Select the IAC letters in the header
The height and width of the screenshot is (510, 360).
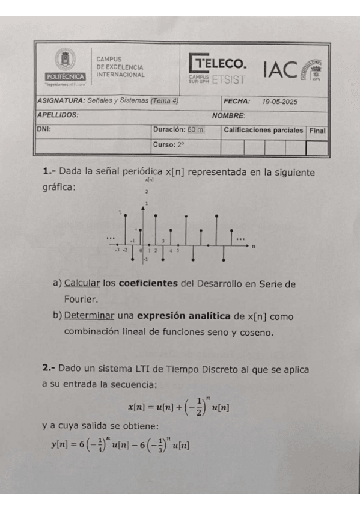(x=279, y=70)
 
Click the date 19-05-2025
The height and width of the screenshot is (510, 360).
(x=280, y=102)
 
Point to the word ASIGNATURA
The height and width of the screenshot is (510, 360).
(x=61, y=101)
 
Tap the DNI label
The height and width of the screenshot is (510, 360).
(x=44, y=129)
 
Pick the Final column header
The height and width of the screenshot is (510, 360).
(x=317, y=130)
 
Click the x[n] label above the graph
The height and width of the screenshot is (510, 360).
(x=149, y=179)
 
